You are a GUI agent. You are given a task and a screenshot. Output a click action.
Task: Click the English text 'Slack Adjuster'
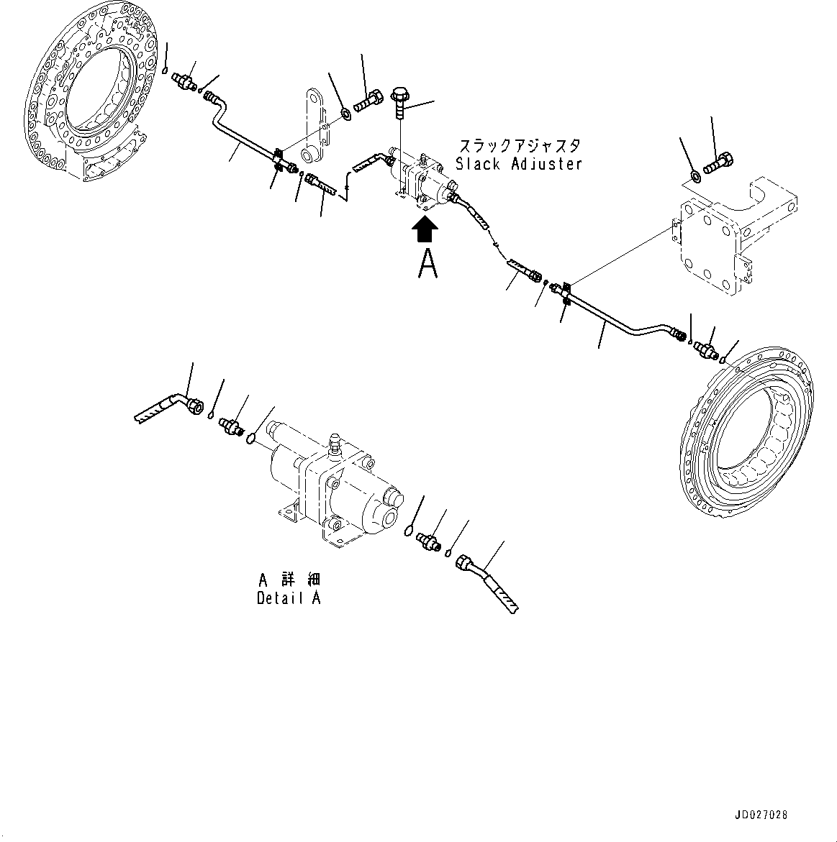click(518, 164)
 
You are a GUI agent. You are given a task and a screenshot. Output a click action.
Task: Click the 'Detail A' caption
click(289, 598)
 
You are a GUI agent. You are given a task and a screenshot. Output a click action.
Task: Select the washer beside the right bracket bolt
click(695, 175)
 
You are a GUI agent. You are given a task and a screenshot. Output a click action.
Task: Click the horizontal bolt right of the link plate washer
click(368, 101)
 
